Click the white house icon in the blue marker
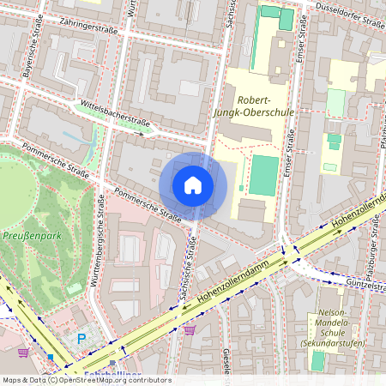coord(193,185)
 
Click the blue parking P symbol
coord(82,339)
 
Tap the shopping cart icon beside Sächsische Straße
coord(190,329)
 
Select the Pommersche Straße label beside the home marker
coord(148,205)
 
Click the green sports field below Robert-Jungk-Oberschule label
coord(264,175)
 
